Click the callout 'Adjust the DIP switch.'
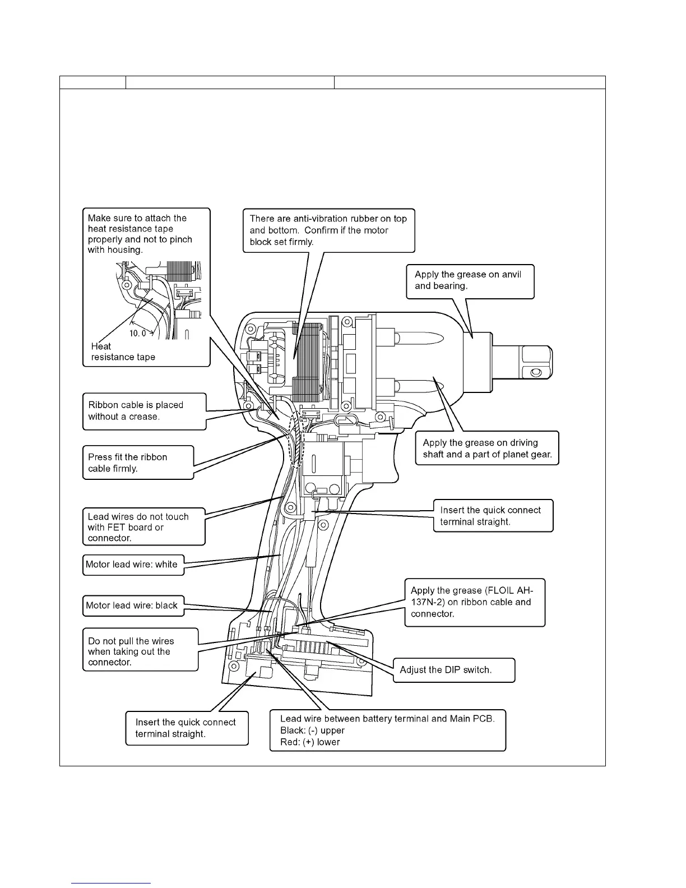[453, 670]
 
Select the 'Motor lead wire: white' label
[132, 565]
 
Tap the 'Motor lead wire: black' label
[132, 605]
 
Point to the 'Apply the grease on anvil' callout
[470, 280]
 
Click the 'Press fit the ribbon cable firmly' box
[138, 462]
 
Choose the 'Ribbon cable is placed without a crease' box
[144, 411]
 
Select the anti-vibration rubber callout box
[328, 230]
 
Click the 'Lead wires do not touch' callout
[143, 527]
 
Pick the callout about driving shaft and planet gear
[486, 448]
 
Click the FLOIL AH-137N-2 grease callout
[474, 602]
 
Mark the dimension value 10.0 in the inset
[138, 333]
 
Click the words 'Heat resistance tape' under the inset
[123, 352]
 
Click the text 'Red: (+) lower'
[310, 742]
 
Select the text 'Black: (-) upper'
[312, 730]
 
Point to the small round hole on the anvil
[537, 372]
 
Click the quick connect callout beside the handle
[492, 516]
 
